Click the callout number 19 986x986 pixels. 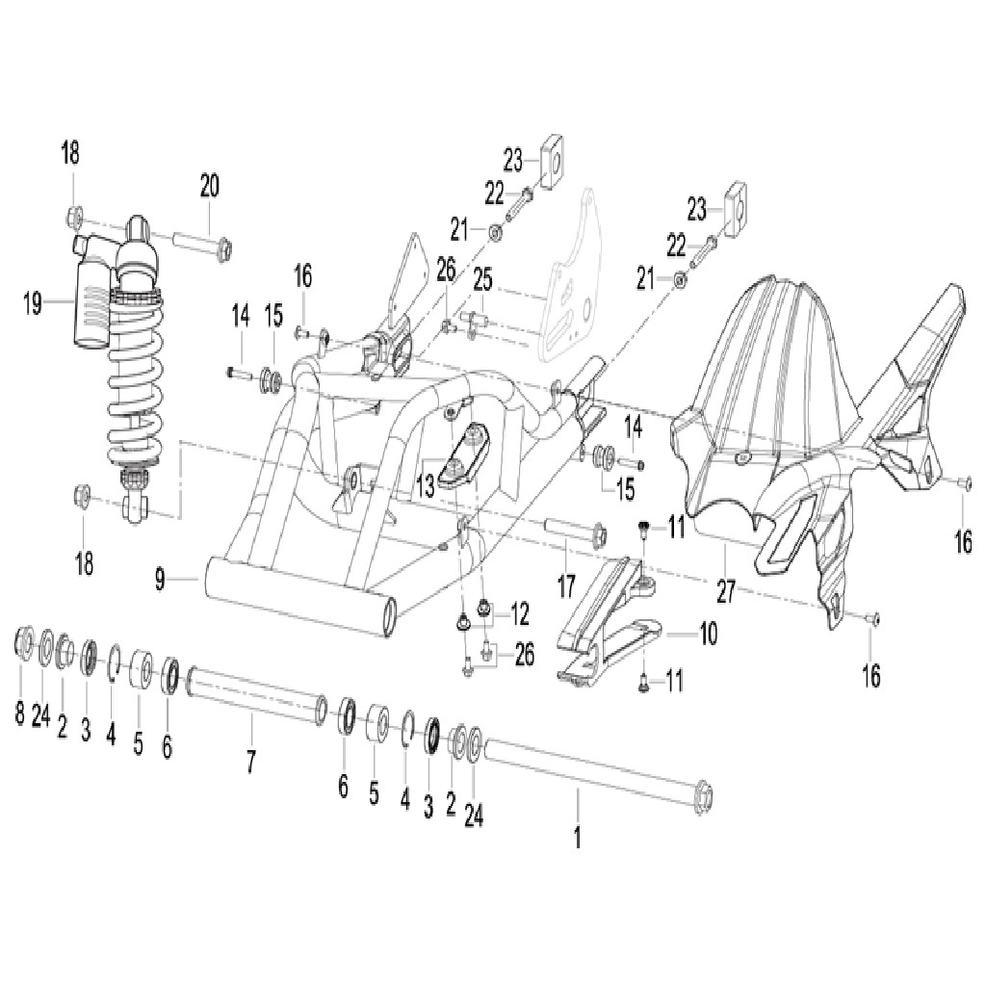33,304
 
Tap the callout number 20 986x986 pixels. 210,186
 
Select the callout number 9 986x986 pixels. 161,579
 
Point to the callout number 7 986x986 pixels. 251,762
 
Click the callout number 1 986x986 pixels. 578,837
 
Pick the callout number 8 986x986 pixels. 19,714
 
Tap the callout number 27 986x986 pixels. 726,592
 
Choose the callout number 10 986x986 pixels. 709,634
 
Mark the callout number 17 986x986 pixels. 566,586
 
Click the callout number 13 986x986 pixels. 425,486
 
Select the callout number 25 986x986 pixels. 483,280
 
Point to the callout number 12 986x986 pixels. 519,614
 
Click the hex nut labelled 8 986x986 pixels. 24,639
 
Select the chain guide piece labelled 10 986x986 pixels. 607,618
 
